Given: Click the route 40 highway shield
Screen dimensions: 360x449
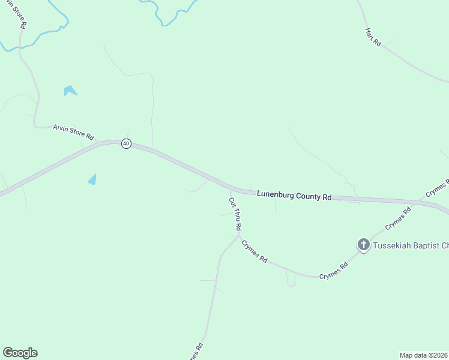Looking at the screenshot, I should (x=126, y=143).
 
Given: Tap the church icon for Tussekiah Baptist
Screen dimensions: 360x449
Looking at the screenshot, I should (x=363, y=244).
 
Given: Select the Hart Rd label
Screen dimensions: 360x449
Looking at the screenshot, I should (x=373, y=37).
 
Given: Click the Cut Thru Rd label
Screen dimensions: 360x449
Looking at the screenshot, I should (x=235, y=214).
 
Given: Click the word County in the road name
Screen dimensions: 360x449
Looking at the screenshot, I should (x=310, y=196).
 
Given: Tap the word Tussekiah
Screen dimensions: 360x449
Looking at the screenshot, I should (x=393, y=245).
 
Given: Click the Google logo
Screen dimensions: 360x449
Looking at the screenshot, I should (x=20, y=353).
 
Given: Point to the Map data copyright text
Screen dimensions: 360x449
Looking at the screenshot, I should (x=423, y=355).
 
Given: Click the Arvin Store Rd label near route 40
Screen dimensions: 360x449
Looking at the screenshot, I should (x=73, y=132).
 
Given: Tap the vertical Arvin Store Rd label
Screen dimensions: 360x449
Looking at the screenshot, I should (x=20, y=15).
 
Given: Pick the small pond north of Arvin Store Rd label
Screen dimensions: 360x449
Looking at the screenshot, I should (x=70, y=91).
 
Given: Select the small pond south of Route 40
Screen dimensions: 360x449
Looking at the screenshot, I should (x=92, y=179).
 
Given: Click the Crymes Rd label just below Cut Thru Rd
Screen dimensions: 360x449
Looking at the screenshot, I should (x=254, y=250).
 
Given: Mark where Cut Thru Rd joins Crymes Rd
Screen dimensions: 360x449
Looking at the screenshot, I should (x=240, y=235).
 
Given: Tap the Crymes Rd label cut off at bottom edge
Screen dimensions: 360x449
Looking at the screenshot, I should (x=195, y=351).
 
